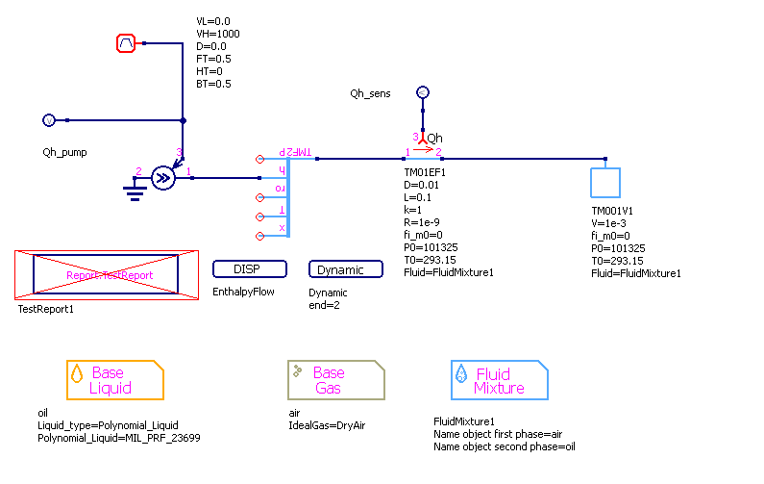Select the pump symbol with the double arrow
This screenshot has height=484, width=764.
[x=163, y=177]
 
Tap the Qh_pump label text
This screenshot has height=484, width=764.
[x=64, y=152]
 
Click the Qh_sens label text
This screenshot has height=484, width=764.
[x=370, y=93]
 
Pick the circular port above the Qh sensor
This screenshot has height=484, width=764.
[x=421, y=93]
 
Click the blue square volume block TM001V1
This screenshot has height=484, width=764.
[x=605, y=183]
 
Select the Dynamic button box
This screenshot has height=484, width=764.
[x=340, y=269]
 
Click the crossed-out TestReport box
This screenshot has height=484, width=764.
[x=106, y=275]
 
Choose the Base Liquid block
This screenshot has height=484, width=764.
[x=114, y=380]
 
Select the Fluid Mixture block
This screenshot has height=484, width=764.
[x=499, y=380]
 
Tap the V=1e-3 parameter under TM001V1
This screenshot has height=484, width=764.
[x=612, y=222]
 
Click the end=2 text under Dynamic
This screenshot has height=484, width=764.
[x=324, y=305]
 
